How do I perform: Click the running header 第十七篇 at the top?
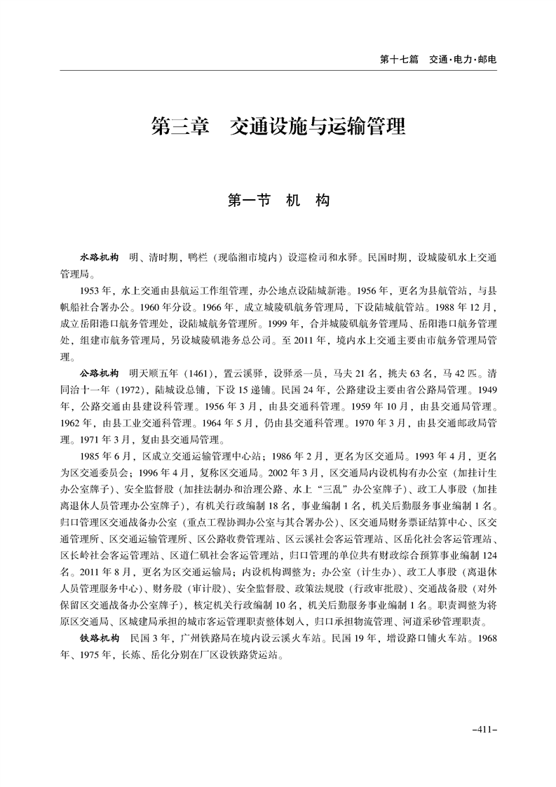pos(398,60)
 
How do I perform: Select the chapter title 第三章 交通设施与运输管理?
pos(278,127)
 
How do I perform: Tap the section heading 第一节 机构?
pos(278,200)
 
